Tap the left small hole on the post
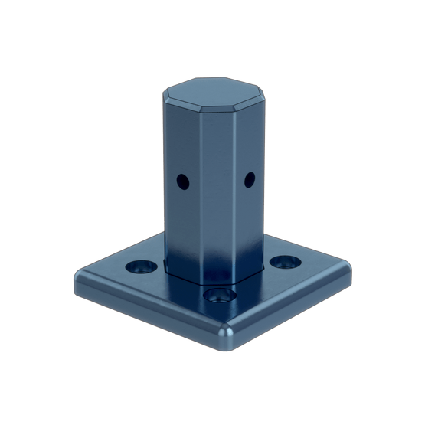182,181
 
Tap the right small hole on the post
249,180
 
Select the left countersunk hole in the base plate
138,266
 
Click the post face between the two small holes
217,184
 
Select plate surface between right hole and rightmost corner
318,264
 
